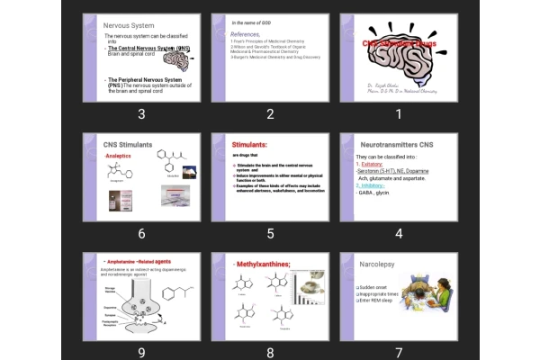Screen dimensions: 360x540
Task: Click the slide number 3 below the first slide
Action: [141, 113]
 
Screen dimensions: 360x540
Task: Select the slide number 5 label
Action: [270, 233]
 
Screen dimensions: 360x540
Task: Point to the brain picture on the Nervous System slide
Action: [183, 58]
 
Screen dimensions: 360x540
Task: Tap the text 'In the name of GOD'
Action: [255, 21]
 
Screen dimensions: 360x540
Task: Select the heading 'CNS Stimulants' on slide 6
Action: [128, 144]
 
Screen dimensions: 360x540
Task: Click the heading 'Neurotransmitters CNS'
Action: [396, 144]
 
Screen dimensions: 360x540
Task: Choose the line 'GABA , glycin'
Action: [373, 192]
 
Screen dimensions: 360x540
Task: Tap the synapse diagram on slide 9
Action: [133, 308]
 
